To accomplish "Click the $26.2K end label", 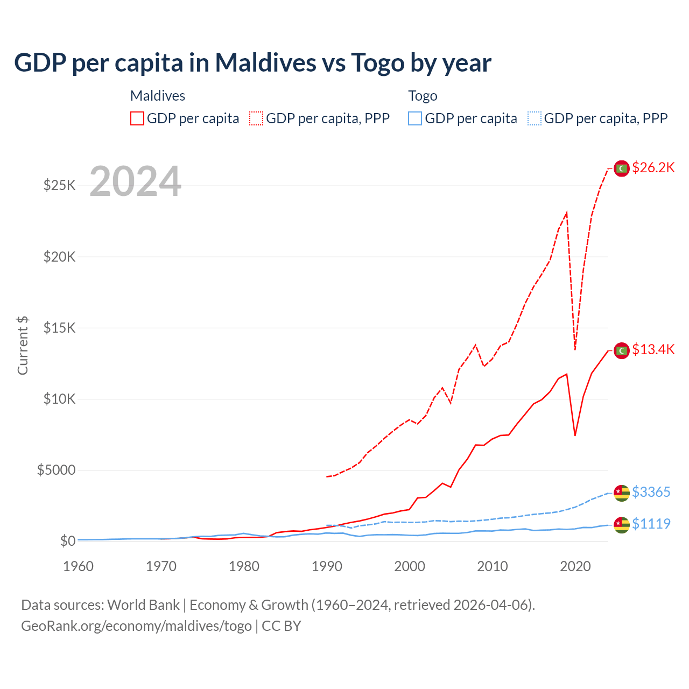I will pos(653,168).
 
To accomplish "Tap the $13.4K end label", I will pos(653,350).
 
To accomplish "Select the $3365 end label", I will pos(651,493).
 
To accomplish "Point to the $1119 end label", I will pos(651,524).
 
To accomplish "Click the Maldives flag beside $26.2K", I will pos(622,168).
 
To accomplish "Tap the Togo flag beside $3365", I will pos(622,493).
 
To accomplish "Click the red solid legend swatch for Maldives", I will pos(137,118).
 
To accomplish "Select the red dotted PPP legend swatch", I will pos(256,118).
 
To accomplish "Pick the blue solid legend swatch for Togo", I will pos(415,118).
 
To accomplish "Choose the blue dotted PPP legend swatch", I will pos(535,118).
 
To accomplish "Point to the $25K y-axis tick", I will pos(59,186).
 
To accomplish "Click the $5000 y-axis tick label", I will pos(56,470).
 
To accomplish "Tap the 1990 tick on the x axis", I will pos(327,566).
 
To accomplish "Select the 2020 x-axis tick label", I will pos(575,566).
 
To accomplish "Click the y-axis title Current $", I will pos(23,346).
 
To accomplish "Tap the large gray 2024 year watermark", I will pos(135,182).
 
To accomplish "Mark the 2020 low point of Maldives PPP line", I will pos(575,349).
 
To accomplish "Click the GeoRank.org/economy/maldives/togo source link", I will pos(136,626).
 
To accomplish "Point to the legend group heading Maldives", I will pos(158,96).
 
